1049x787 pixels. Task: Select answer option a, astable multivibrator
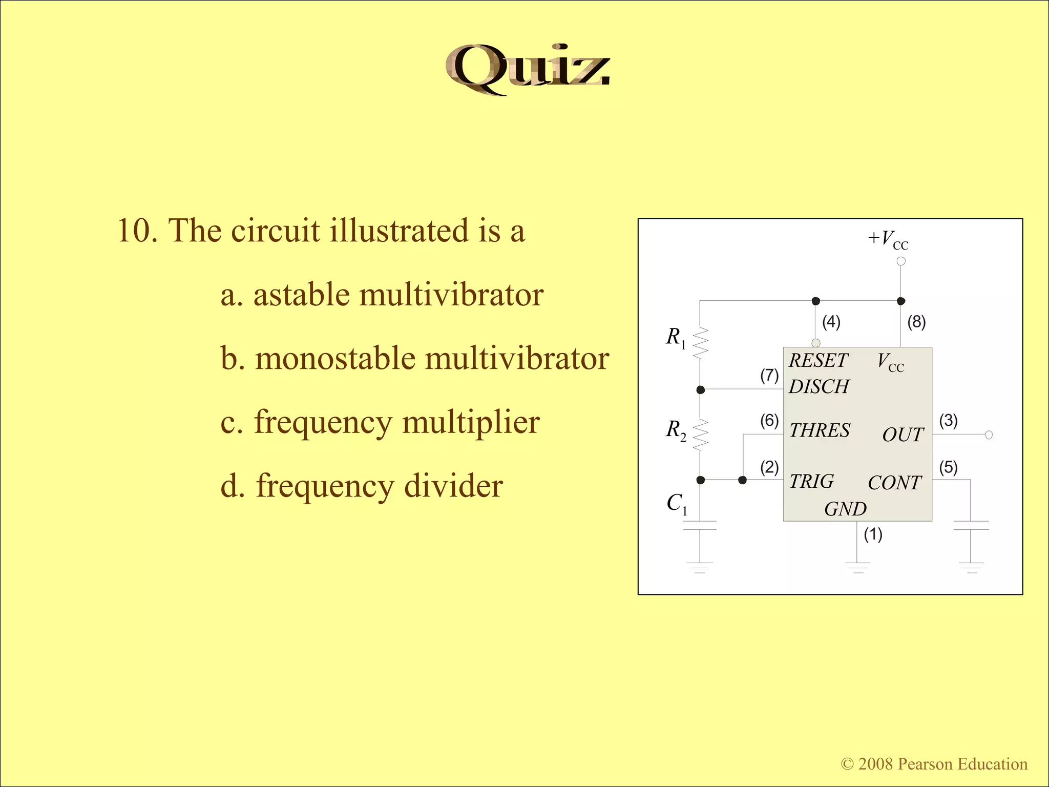382,295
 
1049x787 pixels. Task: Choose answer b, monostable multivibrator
414,358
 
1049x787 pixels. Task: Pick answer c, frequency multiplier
380,422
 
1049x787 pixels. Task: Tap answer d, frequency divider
362,486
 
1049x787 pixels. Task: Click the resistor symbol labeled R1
700,342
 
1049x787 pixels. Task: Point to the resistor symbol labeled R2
700,434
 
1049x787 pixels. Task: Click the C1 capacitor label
677,504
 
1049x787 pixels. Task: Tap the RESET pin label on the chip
818,361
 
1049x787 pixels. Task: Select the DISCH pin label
819,386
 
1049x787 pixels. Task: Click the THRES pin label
819,430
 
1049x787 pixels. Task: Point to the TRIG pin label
811,482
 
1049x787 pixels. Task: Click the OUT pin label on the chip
903,435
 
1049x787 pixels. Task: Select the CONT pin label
894,483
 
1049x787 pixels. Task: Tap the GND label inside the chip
845,509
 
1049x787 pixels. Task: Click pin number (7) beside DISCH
769,376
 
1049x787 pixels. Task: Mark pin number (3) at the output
948,421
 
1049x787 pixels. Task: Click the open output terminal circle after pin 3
989,435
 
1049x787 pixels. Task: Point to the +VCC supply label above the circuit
888,239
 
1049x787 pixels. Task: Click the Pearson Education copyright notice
934,764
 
